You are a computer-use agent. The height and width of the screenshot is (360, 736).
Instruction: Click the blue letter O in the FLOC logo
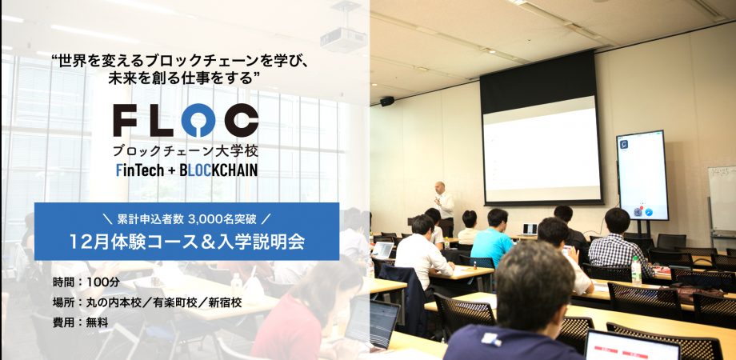(x=198, y=120)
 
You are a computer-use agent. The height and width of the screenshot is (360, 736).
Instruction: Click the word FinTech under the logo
(x=139, y=170)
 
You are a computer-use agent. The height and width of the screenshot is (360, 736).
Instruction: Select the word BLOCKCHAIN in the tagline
(x=218, y=170)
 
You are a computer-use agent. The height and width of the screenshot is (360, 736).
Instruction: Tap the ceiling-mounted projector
(x=343, y=38)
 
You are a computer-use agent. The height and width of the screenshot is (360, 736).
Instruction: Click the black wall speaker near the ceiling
(x=387, y=101)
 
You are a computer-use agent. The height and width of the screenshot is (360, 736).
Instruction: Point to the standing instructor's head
(x=440, y=187)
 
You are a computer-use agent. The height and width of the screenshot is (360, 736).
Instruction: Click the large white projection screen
(x=542, y=149)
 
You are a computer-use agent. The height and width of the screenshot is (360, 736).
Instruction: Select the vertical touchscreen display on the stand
(x=642, y=174)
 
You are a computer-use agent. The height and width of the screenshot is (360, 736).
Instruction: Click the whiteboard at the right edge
(x=722, y=198)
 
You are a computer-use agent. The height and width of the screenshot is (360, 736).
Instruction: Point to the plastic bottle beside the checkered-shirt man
(x=636, y=271)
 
